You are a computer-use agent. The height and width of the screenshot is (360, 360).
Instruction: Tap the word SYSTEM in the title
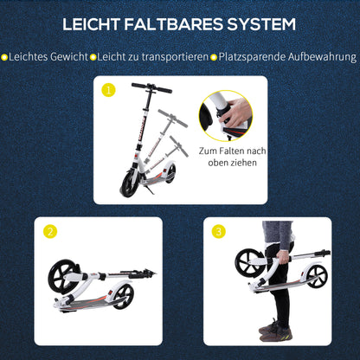[x=261, y=24]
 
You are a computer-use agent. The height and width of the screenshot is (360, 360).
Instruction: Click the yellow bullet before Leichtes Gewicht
[x=5, y=56]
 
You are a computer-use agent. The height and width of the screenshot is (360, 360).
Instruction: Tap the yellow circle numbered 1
[x=108, y=89]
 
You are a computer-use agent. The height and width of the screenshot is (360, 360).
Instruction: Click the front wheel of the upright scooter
[x=131, y=183]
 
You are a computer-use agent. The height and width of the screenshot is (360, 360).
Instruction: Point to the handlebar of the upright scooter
[x=151, y=87]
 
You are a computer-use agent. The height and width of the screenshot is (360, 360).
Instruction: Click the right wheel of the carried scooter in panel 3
[x=316, y=276]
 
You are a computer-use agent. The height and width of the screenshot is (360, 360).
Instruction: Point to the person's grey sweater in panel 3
[x=278, y=235]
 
